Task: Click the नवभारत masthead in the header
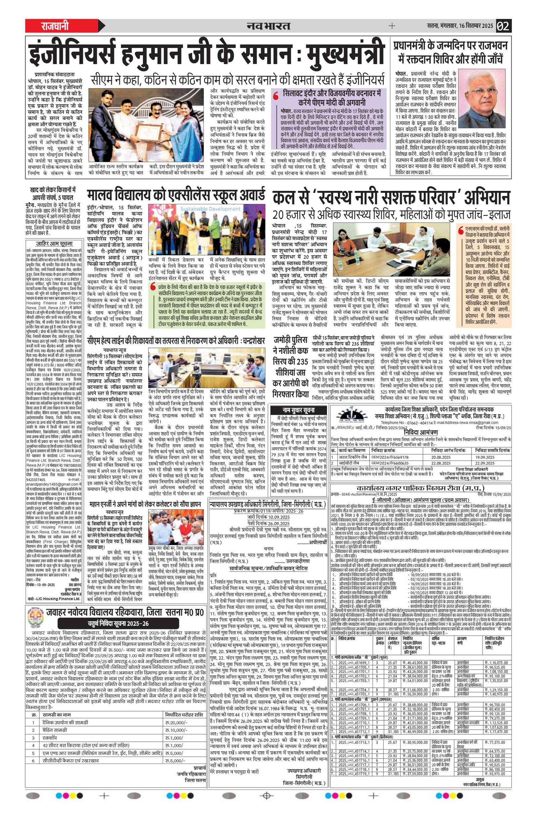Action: (x=268, y=26)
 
